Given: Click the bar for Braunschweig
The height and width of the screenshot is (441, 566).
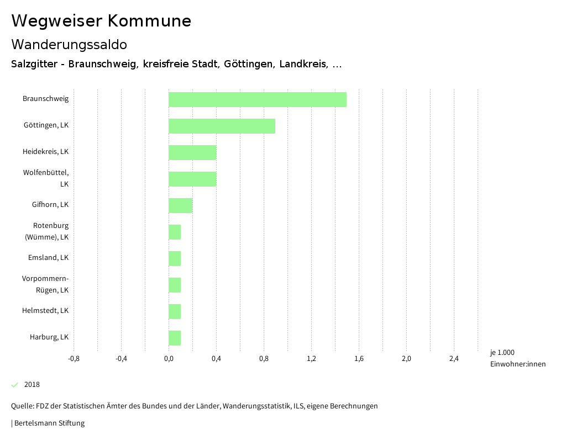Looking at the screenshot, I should coord(257,99).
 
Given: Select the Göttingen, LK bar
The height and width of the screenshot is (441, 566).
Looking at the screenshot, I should coord(222,126).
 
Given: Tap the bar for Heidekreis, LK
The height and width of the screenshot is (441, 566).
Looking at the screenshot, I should coord(192,152).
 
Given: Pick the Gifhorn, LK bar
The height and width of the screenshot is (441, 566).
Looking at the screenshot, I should coord(180,205).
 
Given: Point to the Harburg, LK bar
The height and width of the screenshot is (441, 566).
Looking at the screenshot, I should coord(175,338).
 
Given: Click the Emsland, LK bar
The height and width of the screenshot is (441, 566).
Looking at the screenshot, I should coord(175,258).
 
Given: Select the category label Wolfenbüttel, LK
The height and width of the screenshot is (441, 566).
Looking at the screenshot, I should coord(46,178).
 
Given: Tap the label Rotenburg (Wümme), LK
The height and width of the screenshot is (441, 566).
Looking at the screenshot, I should coord(48,231).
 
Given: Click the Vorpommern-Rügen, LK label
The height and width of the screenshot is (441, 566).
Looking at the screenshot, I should coord(46,284).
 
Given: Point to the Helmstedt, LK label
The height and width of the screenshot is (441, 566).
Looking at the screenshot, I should coord(45,311).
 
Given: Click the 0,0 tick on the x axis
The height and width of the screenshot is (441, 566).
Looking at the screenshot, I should coord(169,359).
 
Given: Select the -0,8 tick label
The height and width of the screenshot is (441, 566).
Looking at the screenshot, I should coord(74,359).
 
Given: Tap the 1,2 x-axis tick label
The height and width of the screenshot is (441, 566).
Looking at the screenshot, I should coord(311,359).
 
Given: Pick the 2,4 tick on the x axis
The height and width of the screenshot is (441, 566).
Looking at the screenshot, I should coord(454,359).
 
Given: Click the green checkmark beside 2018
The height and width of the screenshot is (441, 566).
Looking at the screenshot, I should coord(15,385).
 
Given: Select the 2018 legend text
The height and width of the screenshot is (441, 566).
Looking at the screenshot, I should coord(32,385).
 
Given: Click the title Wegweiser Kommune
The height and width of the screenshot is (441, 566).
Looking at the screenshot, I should coord(101,21).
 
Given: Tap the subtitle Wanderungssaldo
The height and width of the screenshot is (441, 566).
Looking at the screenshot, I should coord(69,44).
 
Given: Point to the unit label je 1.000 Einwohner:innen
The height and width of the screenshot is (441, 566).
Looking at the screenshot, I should coord(517,358).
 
